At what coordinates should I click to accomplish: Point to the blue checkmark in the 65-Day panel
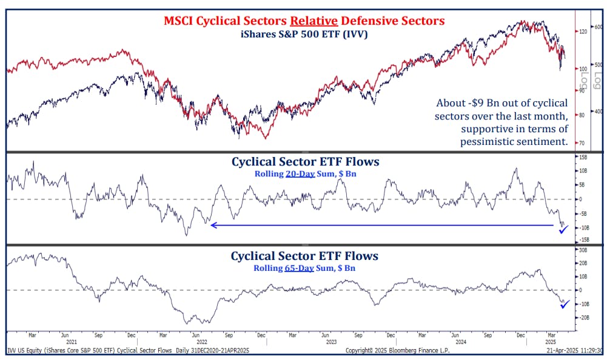pyautogui.click(x=565, y=304)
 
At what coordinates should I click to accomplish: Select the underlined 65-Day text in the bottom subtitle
pyautogui.click(x=297, y=267)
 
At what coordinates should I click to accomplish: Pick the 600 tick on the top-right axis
pyautogui.click(x=597, y=27)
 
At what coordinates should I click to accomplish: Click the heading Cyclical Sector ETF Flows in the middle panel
pyautogui.click(x=304, y=162)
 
